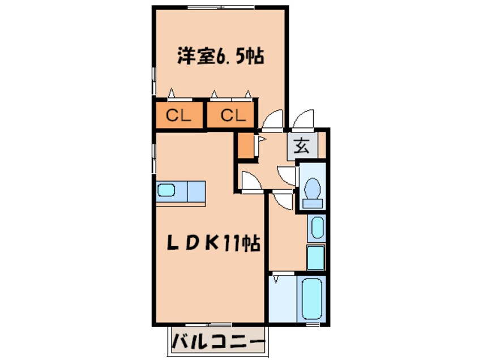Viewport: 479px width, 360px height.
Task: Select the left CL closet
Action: (x=178, y=115)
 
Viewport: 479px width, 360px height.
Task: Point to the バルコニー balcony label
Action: (x=218, y=342)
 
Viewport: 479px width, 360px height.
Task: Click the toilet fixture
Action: (x=312, y=190)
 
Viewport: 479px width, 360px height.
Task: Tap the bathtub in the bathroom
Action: (x=311, y=298)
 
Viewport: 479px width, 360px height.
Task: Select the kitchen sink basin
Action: (x=167, y=190)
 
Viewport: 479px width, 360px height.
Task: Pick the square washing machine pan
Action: (x=316, y=258)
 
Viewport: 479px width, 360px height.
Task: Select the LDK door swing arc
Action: (x=249, y=180)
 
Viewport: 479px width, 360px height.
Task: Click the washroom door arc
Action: (x=281, y=200)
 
